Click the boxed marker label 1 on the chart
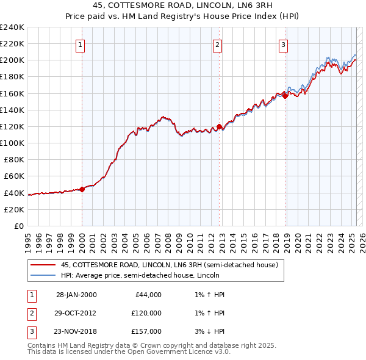click(x=81, y=44)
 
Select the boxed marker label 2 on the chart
click(x=218, y=44)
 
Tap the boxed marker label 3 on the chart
click(x=284, y=44)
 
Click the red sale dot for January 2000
click(x=82, y=189)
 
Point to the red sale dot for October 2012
click(x=219, y=126)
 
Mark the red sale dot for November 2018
click(x=285, y=96)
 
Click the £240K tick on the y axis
click(x=12, y=27)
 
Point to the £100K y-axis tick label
click(x=12, y=143)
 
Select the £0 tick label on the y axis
click(x=18, y=226)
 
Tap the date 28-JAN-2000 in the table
click(x=76, y=295)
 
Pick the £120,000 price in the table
click(x=146, y=313)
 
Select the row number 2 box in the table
click(x=32, y=313)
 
